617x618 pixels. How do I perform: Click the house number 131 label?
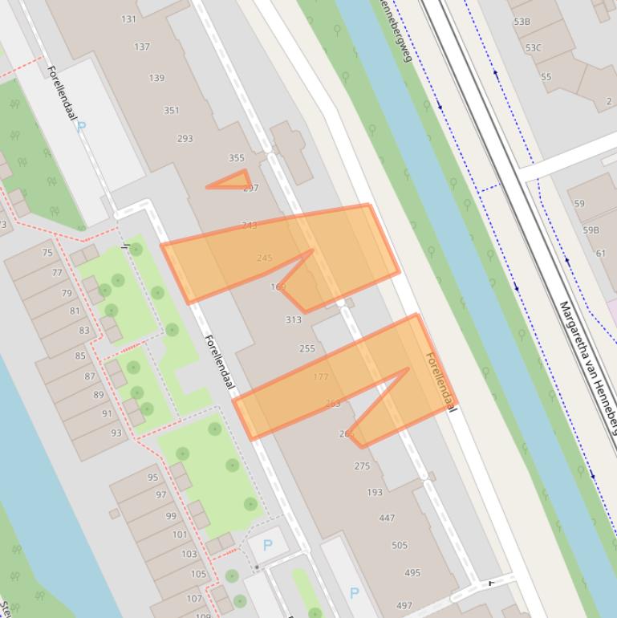coord(128,19)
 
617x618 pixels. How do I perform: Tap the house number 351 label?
coord(172,111)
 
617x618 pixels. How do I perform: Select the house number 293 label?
coord(185,139)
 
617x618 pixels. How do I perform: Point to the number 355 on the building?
coord(236,158)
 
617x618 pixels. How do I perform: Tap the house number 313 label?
coord(294,319)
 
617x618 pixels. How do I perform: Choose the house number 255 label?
coord(307,348)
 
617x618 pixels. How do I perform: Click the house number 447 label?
coord(387,518)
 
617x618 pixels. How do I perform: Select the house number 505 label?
coord(400,546)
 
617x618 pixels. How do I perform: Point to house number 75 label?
coord(47,253)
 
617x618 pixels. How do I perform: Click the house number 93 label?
coord(117,433)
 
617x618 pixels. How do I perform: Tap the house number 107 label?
coord(194,599)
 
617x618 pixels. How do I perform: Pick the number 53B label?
coord(522,22)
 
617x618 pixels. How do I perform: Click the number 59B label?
coord(591,230)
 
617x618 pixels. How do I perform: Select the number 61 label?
coord(601,254)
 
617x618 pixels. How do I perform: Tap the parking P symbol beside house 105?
coord(267,546)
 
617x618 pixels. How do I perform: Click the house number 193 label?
coord(375,492)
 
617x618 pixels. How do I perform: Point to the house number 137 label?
coord(142,47)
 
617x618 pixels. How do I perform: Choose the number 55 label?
coord(546,77)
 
